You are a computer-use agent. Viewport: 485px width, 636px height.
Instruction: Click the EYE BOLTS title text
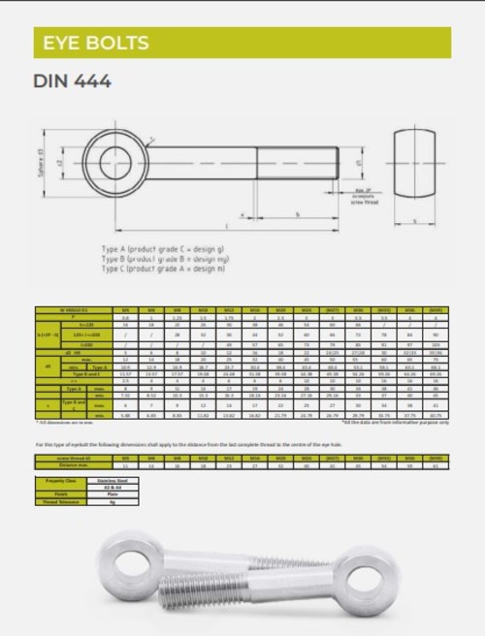(x=91, y=43)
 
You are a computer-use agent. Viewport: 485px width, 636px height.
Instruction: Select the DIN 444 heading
(x=73, y=81)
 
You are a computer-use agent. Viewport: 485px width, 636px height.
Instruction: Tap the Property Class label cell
(x=60, y=480)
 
